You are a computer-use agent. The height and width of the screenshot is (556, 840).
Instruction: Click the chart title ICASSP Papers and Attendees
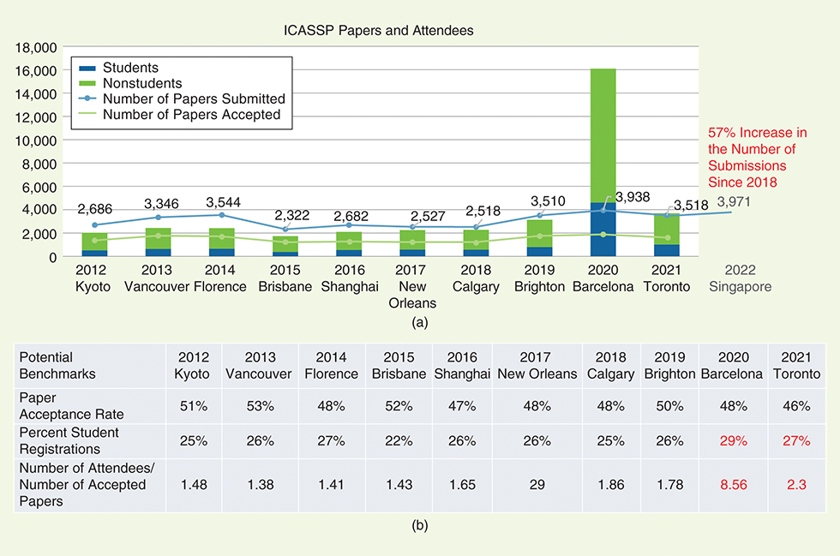[x=379, y=30]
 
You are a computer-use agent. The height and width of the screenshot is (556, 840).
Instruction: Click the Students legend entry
[x=130, y=68]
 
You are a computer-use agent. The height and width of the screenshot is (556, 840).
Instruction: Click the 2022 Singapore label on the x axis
[x=740, y=279]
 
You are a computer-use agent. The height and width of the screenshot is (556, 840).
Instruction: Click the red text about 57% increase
[x=758, y=158]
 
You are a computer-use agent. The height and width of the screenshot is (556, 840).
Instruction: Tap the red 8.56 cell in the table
[x=732, y=484]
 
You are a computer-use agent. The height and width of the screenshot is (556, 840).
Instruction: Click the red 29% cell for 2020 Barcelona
[x=732, y=440]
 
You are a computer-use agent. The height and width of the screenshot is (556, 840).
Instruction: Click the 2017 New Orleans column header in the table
[x=536, y=366]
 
